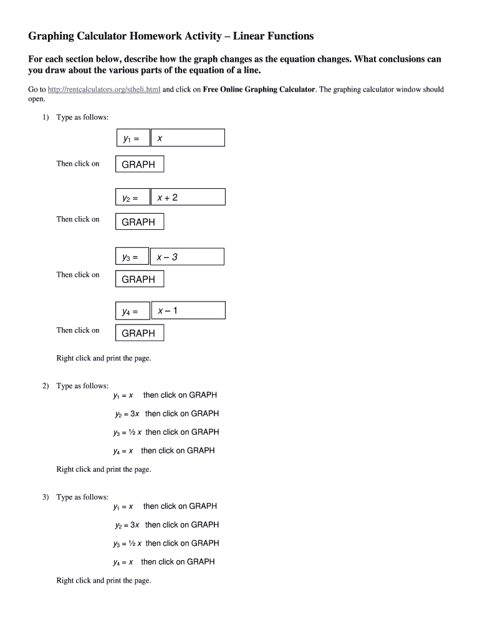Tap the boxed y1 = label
coord(133,138)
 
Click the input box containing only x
coord(188,138)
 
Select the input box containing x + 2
coord(188,198)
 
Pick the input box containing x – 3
coord(188,257)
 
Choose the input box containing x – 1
coord(188,310)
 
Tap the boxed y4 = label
coord(133,311)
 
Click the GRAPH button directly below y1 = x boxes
coord(140,164)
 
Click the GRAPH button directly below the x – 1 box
coord(140,333)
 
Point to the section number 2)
coord(46,386)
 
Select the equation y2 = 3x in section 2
coord(127,414)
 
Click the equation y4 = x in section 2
coord(123,450)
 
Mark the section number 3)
coord(46,497)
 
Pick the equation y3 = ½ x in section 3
coord(127,543)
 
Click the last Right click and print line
coord(103,581)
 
